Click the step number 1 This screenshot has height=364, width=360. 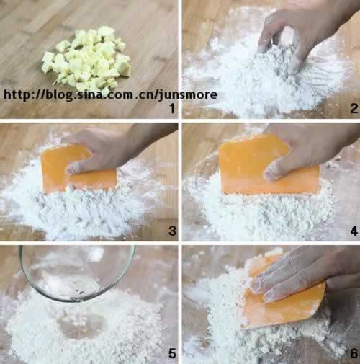click(x=172, y=108)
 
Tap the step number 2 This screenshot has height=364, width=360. click(x=354, y=108)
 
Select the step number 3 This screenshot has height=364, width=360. click(x=172, y=231)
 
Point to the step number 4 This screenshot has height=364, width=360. click(x=354, y=231)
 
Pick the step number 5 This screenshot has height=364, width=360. click(x=172, y=353)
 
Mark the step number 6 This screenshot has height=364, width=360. click(x=354, y=353)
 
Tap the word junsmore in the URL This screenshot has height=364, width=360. click(x=187, y=95)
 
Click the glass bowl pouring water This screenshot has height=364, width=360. click(x=77, y=274)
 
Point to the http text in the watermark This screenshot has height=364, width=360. click(x=17, y=95)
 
